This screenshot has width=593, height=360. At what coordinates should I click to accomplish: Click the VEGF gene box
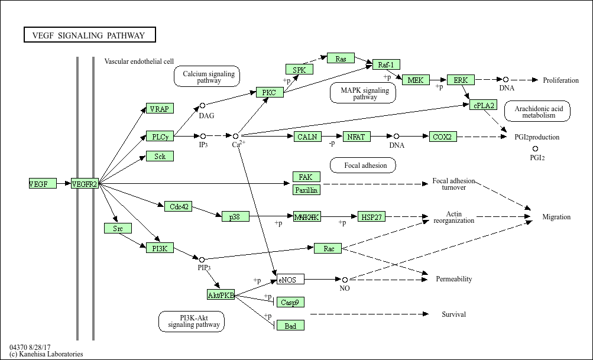43,184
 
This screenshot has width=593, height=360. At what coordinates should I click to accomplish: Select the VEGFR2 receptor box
85,184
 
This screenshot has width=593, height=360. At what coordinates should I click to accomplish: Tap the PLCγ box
160,137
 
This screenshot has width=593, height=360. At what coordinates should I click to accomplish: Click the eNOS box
290,279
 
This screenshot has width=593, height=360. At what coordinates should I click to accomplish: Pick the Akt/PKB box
221,294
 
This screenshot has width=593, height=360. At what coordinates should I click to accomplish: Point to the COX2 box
443,137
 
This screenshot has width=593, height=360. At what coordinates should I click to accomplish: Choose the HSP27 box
371,217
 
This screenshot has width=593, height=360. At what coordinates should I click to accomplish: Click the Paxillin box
307,190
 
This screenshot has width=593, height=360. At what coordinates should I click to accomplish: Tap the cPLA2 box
483,105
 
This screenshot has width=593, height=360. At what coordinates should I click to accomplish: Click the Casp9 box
290,302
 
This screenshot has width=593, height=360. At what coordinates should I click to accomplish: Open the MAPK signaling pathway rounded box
365,93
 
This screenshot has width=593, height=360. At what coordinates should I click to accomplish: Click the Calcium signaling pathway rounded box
206,77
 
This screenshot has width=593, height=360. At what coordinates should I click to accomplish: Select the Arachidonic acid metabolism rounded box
537,112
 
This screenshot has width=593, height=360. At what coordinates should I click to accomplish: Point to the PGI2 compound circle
536,149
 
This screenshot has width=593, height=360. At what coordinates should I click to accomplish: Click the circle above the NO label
345,279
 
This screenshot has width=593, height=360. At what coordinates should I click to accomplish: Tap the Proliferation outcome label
560,80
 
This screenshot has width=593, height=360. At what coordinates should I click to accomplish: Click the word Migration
556,217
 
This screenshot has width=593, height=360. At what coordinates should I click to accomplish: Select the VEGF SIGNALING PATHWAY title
89,35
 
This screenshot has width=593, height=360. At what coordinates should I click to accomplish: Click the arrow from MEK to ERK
438,80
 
